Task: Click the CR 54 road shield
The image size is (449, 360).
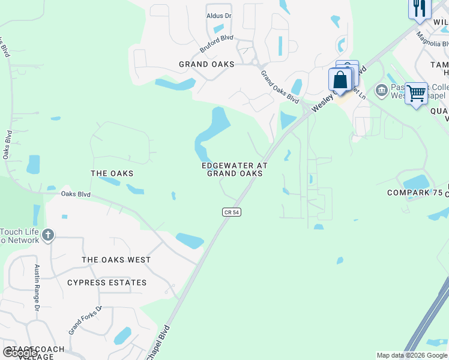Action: click(231, 212)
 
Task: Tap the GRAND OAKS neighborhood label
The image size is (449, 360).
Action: click(206, 64)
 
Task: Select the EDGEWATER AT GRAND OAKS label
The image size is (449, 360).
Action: click(235, 169)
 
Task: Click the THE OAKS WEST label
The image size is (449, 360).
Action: click(116, 260)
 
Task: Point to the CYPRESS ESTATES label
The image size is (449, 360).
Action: click(107, 283)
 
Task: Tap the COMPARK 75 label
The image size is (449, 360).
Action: click(414, 193)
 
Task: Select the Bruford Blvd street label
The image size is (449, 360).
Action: click(216, 42)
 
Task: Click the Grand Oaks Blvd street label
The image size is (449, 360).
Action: click(279, 86)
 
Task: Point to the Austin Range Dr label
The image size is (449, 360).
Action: click(37, 287)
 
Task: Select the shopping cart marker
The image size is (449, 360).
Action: click(416, 94)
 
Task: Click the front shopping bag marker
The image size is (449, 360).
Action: click(340, 80)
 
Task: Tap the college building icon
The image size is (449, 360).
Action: click(381, 91)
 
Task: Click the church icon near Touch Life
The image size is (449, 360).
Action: click(48, 235)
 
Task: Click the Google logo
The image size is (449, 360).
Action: click(20, 353)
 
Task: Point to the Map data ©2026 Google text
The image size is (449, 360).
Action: click(412, 355)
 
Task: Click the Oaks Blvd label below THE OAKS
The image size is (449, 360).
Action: click(76, 194)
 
